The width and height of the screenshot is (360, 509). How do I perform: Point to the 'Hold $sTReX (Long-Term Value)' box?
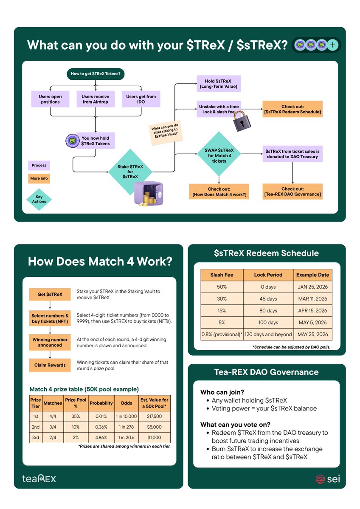point(219,84)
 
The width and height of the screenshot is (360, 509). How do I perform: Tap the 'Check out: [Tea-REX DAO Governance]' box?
point(292,192)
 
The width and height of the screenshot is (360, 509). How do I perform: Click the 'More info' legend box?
point(39,178)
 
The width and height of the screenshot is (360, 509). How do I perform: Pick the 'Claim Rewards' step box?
point(50,365)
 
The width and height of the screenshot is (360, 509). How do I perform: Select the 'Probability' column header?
point(101,403)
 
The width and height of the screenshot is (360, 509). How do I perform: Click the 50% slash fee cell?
point(222,287)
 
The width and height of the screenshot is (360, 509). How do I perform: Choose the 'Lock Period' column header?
point(269,275)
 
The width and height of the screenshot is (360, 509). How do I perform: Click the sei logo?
point(327,479)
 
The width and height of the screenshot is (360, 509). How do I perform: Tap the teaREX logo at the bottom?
point(39,478)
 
